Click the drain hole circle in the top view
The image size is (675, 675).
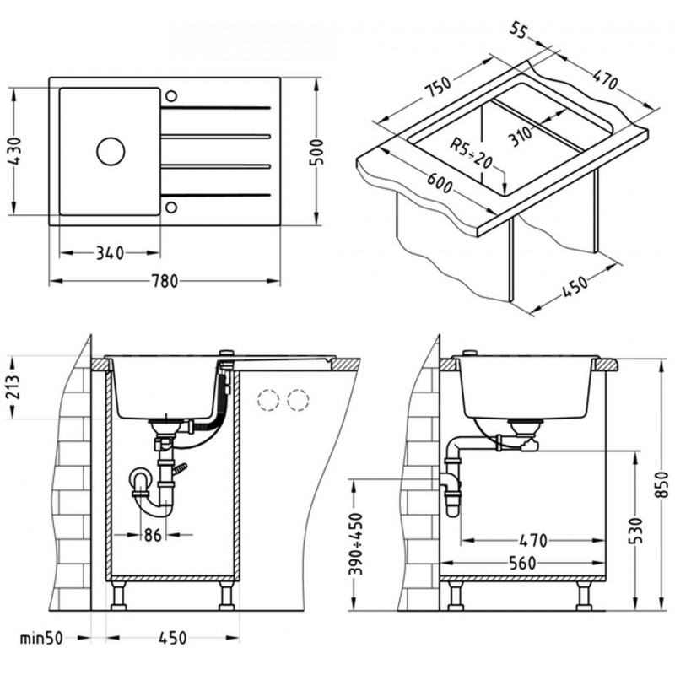pyautogui.click(x=110, y=151)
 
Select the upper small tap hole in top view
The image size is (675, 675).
pyautogui.click(x=171, y=92)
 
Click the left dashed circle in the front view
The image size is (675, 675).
pyautogui.click(x=268, y=400)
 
